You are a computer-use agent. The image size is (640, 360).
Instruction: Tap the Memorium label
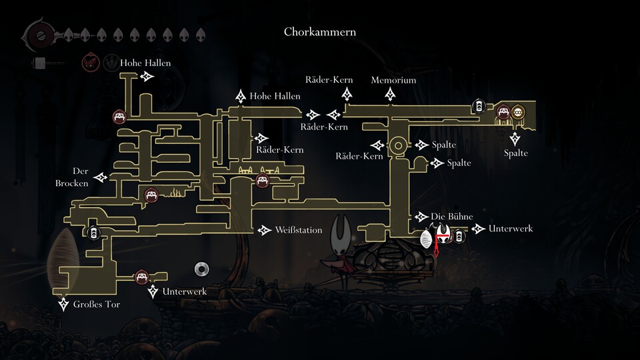pos(393,80)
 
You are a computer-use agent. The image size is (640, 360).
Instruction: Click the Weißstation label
pos(298,230)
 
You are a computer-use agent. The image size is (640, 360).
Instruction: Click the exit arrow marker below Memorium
pos(390,95)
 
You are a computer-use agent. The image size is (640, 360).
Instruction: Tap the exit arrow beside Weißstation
pos(264,230)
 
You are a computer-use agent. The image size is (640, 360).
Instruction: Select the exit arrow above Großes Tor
pos(64,305)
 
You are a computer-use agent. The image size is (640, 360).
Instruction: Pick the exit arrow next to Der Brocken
pos(101,177)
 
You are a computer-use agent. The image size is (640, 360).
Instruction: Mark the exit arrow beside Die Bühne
pos(421,217)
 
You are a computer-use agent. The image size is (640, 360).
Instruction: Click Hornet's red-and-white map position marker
pos(443,237)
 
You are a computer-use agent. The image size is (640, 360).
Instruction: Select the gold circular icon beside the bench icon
pos(519,111)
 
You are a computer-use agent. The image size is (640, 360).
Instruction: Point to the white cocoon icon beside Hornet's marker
pos(427,237)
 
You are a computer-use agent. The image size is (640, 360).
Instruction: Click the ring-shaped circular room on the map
pos(398,145)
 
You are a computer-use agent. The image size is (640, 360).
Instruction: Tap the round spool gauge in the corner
pos(37,34)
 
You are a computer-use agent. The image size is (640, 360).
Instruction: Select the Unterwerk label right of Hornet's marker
pos(511,229)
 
